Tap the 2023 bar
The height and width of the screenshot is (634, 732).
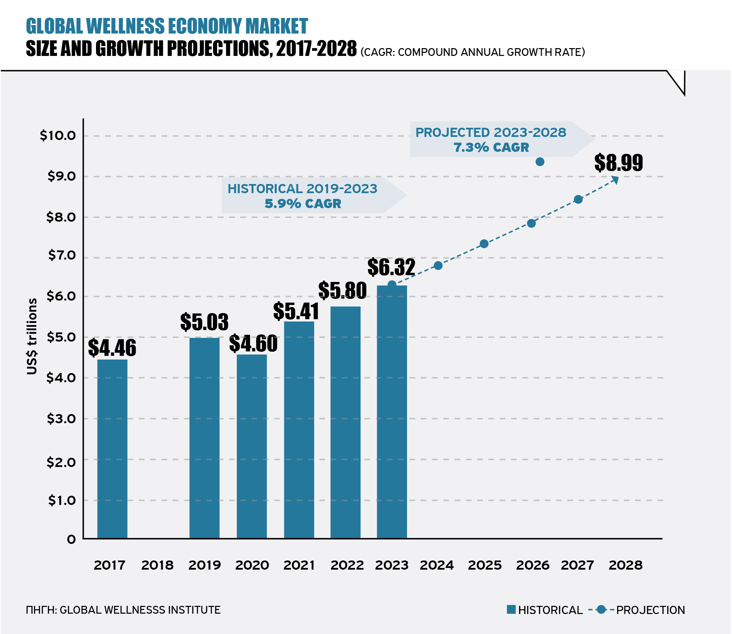(392, 412)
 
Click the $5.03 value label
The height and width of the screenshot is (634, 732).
(204, 322)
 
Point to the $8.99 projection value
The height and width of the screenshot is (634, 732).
(618, 163)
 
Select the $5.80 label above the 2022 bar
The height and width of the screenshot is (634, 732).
(343, 290)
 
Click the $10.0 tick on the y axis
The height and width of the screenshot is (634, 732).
(58, 136)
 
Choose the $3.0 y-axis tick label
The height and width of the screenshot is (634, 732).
(61, 418)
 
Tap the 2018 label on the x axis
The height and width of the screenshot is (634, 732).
(157, 565)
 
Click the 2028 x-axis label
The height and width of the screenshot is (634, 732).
(625, 565)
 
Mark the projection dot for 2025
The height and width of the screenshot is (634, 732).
(484, 244)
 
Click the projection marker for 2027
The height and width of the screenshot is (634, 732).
(578, 200)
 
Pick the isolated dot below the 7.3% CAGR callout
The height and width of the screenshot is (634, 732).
(540, 162)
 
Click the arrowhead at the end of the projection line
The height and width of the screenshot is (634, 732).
(616, 180)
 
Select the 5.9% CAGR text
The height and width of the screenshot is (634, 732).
(303, 204)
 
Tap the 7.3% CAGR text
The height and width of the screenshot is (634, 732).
(491, 147)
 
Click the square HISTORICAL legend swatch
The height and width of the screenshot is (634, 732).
(511, 609)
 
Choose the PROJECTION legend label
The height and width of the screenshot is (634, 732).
(651, 610)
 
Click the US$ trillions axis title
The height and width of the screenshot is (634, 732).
(32, 336)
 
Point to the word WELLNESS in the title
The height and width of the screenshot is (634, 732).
(126, 26)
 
